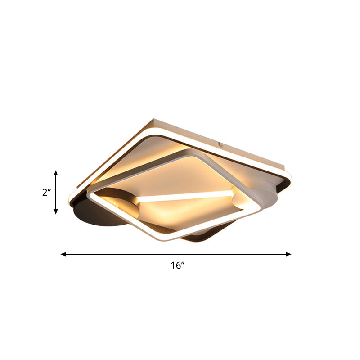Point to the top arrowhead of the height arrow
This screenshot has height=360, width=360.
[56, 173]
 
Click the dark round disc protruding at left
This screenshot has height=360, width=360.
[99, 216]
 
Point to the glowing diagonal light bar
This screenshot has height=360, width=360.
[184, 195]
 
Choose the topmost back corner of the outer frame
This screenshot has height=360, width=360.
[154, 119]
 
